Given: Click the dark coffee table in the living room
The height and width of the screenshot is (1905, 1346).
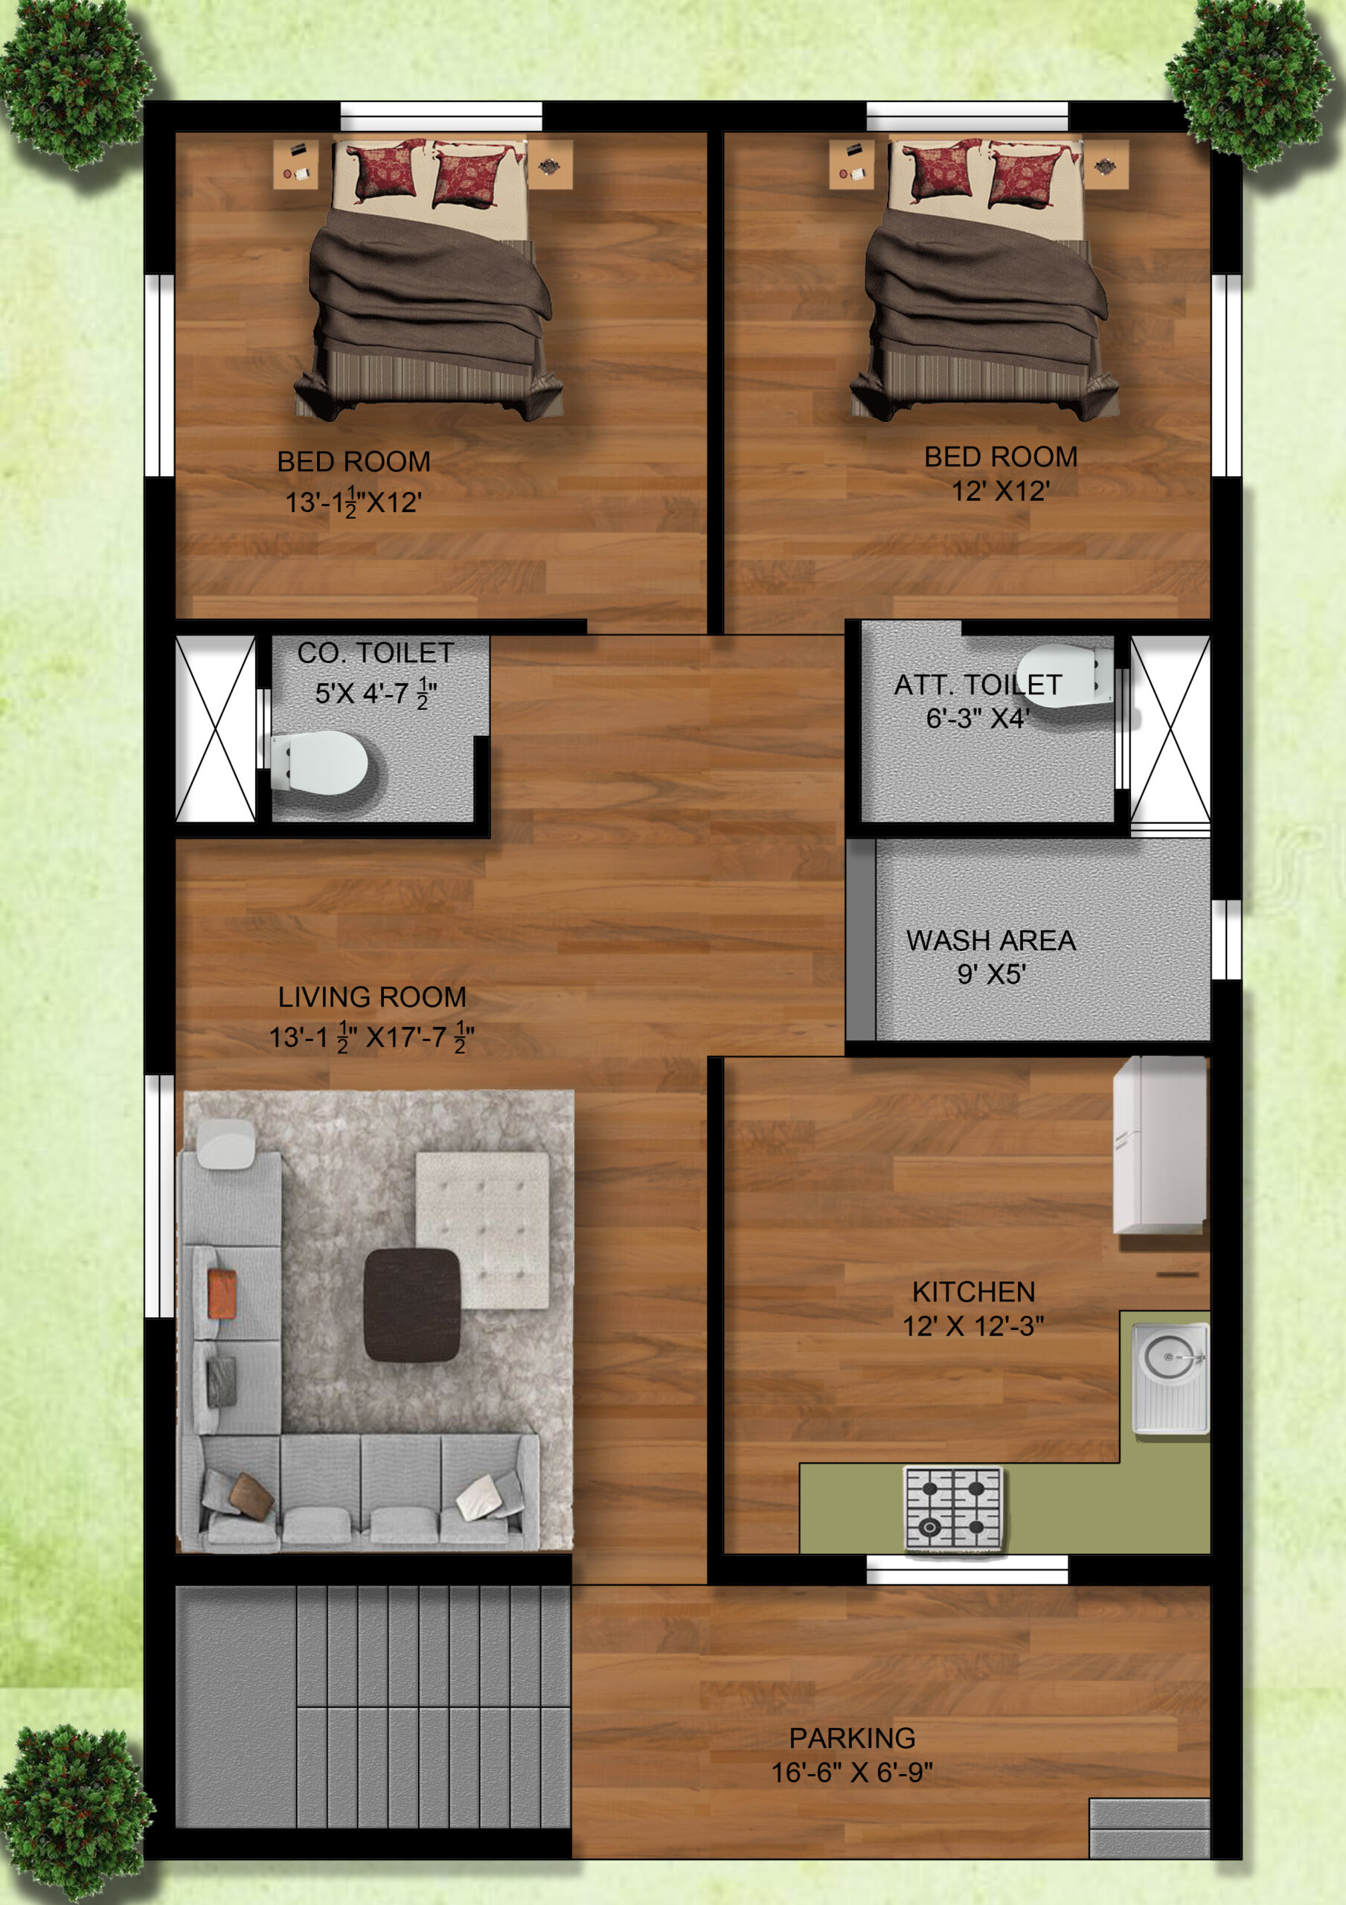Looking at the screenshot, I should pos(411,1304).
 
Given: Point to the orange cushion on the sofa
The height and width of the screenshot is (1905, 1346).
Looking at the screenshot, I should pos(222,1293).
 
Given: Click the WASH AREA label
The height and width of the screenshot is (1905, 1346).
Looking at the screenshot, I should pos(991,940).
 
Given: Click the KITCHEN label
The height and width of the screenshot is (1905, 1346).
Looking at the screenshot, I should pos(973,1292).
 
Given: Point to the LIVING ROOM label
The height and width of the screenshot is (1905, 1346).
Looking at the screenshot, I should pos(372,996).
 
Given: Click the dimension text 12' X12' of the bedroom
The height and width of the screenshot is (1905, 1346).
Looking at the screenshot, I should pos(1000,491).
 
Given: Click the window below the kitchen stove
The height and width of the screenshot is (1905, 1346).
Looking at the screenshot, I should pos(967,1569).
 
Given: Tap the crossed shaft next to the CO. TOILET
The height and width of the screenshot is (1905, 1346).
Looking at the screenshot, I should pos(216,729).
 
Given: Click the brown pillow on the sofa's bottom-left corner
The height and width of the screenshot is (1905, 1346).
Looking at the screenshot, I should pos(251,1495).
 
